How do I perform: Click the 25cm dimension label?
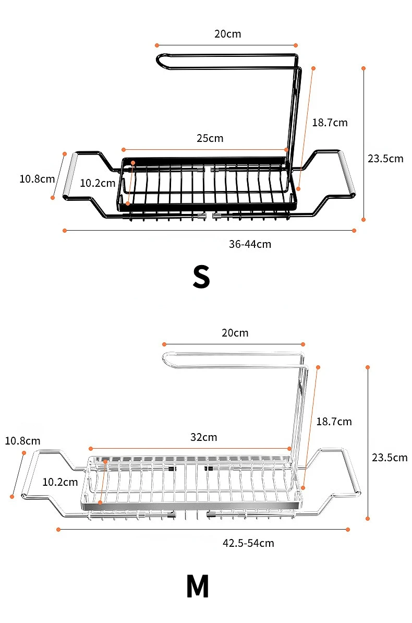click(x=210, y=138)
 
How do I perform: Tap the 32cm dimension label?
click(x=203, y=437)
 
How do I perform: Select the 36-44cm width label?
click(x=250, y=244)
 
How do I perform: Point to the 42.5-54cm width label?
click(x=248, y=543)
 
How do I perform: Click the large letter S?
click(x=201, y=277)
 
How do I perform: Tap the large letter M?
click(x=198, y=586)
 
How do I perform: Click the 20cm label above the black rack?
click(x=228, y=34)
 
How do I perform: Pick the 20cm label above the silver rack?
click(x=235, y=333)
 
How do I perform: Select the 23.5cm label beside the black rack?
click(x=385, y=159)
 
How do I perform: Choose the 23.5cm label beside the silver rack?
click(x=390, y=458)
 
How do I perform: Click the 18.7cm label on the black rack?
click(x=330, y=123)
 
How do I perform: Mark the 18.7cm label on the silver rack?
click(x=334, y=422)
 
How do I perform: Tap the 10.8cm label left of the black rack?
click(x=37, y=178)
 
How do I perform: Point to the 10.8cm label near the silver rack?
click(x=22, y=441)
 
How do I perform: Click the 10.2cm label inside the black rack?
click(x=98, y=183)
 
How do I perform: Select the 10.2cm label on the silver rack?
click(x=60, y=482)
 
